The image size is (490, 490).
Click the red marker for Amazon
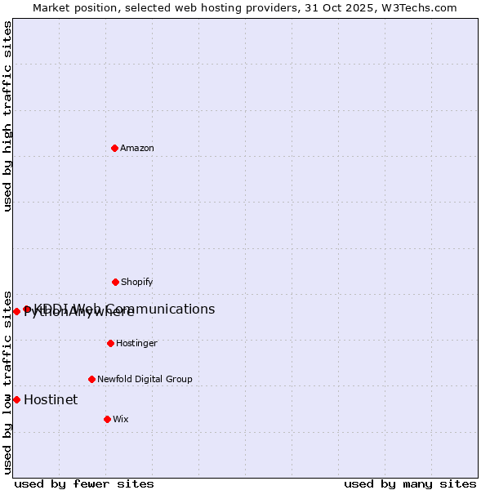click(114, 148)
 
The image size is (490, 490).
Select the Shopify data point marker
click(115, 282)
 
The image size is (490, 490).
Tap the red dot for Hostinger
click(110, 343)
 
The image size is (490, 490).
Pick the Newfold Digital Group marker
click(91, 379)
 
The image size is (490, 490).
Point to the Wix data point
click(107, 419)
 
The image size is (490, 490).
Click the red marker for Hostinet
click(16, 399)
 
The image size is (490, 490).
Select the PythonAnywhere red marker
click(16, 311)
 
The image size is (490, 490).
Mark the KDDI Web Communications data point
click(27, 309)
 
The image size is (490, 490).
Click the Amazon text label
click(137, 148)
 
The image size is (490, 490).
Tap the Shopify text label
click(137, 282)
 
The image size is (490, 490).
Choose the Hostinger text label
click(136, 343)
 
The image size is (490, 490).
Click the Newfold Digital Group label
click(145, 379)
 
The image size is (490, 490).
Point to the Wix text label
click(121, 419)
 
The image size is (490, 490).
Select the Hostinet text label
click(51, 399)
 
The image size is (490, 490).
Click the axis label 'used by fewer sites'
click(84, 483)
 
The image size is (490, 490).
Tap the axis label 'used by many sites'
click(410, 483)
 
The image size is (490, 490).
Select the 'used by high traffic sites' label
click(7, 116)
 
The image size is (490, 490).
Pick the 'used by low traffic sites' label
click(7, 381)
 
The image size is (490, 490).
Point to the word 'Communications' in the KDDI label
click(167, 309)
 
